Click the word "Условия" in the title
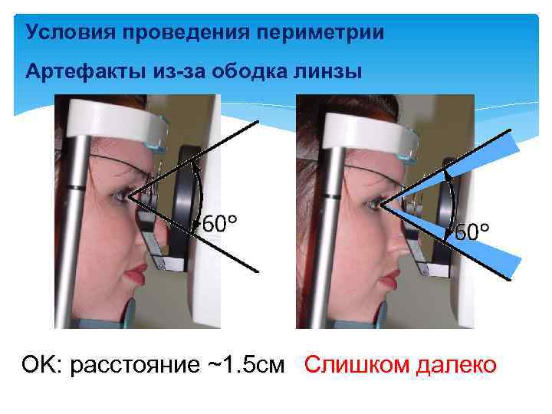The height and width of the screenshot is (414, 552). tap(64, 33)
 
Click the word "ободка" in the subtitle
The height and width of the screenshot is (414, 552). tap(247, 71)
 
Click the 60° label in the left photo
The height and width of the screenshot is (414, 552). tap(219, 225)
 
